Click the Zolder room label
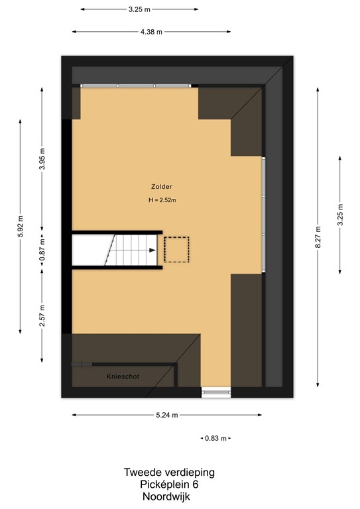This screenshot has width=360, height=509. click(162, 187)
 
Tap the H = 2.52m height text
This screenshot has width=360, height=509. click(162, 200)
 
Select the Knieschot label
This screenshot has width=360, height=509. click(123, 376)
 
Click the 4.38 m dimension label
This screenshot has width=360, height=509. click(151, 32)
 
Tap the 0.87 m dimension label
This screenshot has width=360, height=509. click(42, 251)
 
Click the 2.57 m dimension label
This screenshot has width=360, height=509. click(42, 316)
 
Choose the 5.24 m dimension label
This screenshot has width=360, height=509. click(167, 416)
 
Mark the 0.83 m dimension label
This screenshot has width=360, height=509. click(215, 438)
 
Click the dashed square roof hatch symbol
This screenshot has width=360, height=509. click(176, 250)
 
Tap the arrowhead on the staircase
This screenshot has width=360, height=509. click(153, 251)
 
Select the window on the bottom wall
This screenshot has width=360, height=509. click(216, 392)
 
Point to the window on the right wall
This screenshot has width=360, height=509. click(263, 215)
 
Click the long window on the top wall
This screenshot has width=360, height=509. click(135, 85)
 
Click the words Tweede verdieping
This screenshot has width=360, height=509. click(169, 473)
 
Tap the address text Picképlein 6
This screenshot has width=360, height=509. click(169, 484)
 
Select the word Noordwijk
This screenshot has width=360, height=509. click(169, 496)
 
